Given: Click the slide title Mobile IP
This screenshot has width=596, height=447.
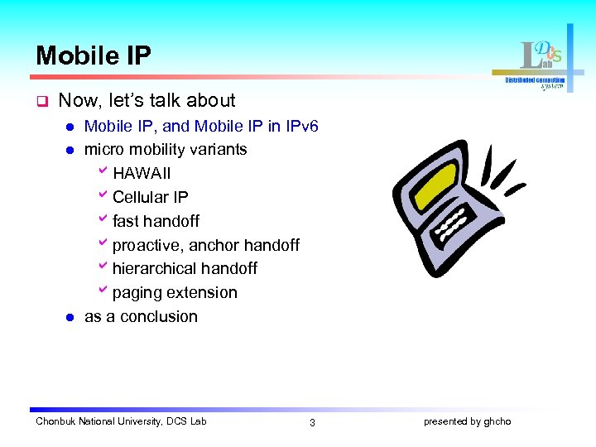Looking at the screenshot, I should (x=94, y=55).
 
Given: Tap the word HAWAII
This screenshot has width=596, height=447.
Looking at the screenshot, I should (x=142, y=174).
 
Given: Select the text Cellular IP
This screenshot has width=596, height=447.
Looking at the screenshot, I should (x=150, y=198).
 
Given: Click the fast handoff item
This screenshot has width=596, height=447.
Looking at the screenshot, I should (x=156, y=221).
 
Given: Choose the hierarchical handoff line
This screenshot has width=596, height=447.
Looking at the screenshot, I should (x=185, y=269).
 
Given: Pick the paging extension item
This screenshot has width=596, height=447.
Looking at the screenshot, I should (x=175, y=293).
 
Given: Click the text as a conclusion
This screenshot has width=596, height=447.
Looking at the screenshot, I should (x=141, y=317).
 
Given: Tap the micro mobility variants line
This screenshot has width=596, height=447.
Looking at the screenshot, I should (x=166, y=150).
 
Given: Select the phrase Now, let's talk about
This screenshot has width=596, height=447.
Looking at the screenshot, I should (x=147, y=101).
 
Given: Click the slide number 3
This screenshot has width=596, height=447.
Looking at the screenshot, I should (x=312, y=423).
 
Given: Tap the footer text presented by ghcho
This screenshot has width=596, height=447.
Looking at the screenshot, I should (x=467, y=422).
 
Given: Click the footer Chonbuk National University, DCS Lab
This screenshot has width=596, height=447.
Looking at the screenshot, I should (x=121, y=422).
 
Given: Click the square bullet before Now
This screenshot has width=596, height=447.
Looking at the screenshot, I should (x=39, y=102).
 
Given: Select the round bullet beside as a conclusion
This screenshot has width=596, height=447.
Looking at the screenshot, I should (x=70, y=317).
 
